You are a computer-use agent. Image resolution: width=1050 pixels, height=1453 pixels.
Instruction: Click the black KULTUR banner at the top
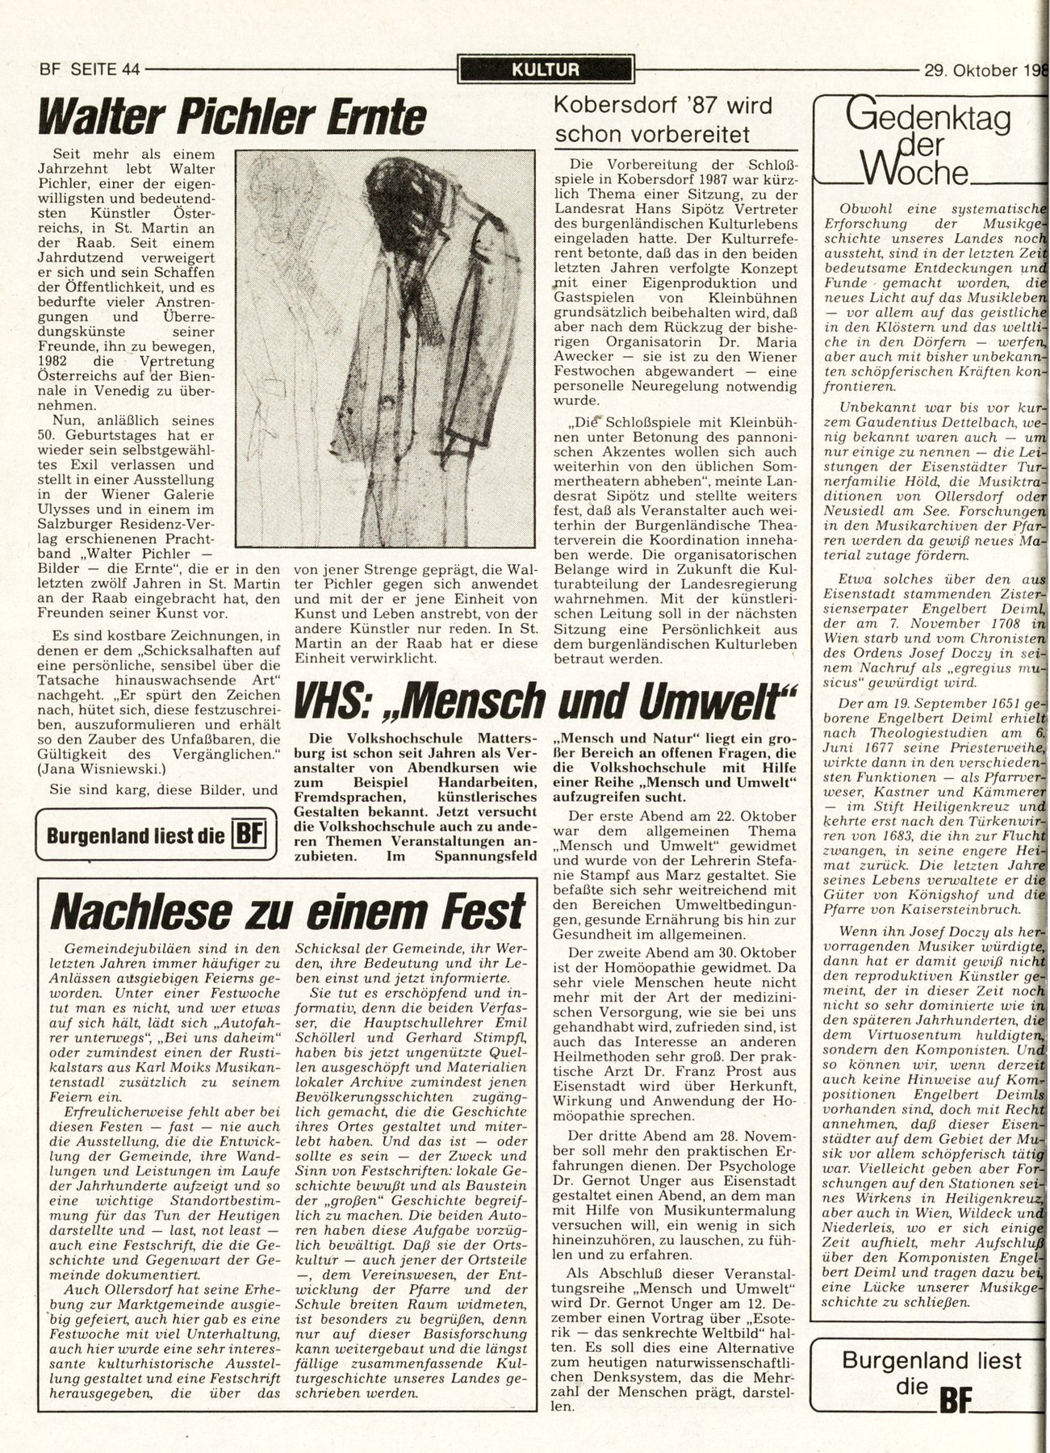point(545,69)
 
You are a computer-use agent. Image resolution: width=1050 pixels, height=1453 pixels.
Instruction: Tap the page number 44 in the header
point(128,69)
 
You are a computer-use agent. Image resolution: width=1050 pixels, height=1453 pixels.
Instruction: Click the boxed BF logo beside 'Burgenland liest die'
point(248,834)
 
